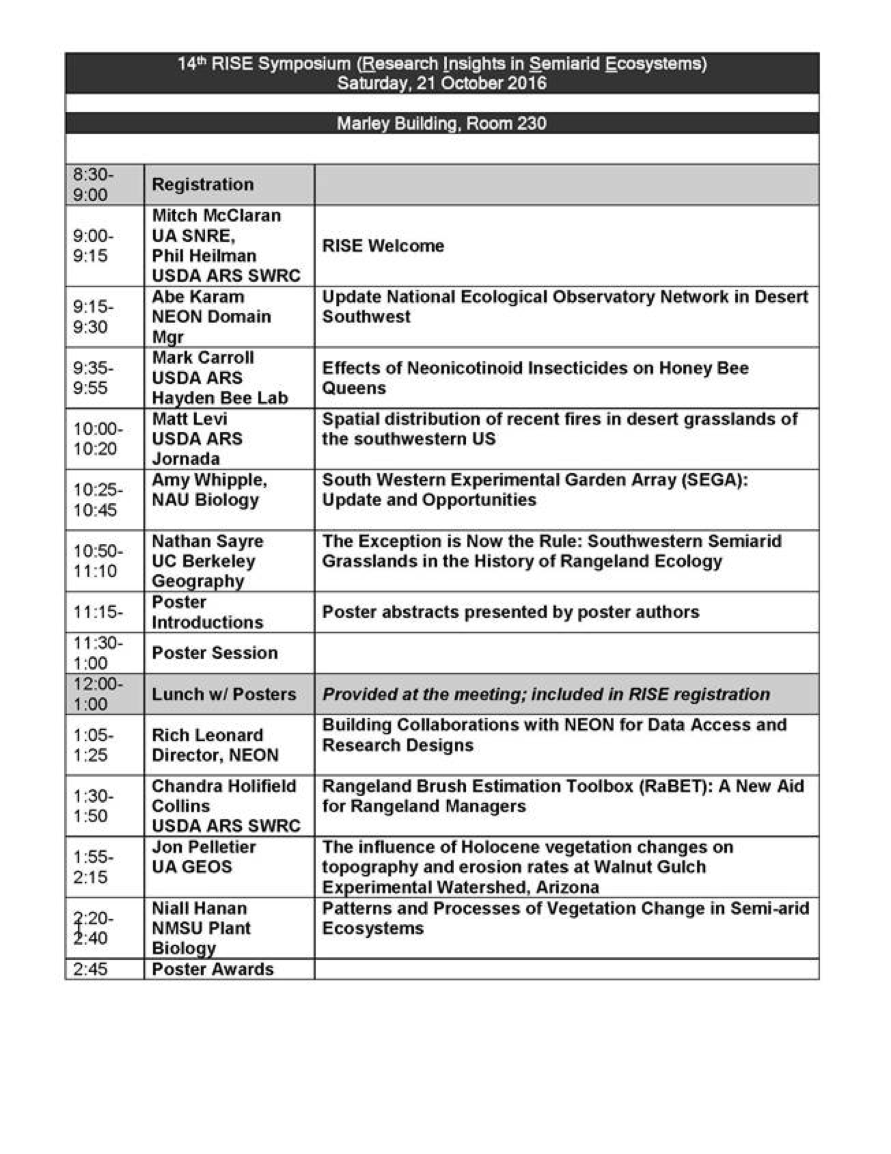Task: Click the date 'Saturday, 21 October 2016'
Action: pos(442,84)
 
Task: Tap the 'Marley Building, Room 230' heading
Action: pos(442,123)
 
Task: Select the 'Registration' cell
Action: pos(203,185)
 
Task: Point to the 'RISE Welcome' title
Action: pos(383,246)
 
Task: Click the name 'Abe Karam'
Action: pos(198,297)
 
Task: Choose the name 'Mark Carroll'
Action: pos(203,358)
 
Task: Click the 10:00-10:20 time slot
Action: pos(97,439)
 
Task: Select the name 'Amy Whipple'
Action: pos(209,480)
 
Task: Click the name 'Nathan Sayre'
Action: pos(207,541)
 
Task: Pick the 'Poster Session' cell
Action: pos(214,653)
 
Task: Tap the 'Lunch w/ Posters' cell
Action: pos(224,694)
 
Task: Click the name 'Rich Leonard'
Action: pos(207,735)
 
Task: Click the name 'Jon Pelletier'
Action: pos(203,847)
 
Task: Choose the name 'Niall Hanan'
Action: pos(199,908)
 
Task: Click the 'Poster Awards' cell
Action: pos(212,969)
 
